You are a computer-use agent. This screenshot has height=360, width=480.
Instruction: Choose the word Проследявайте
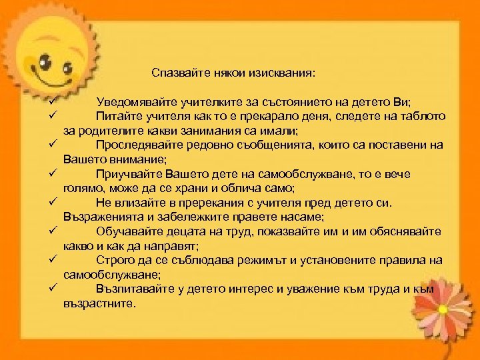pos(137,145)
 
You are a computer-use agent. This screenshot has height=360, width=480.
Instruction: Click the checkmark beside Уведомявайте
pos(51,101)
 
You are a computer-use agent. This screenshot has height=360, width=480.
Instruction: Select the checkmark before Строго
pos(51,259)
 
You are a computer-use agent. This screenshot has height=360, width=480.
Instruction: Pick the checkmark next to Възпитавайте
pos(51,288)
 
